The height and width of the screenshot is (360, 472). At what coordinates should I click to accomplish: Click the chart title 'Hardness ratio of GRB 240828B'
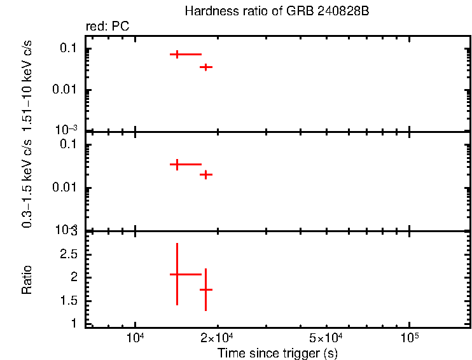[277, 12]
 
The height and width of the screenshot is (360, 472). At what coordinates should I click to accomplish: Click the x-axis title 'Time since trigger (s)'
[277, 352]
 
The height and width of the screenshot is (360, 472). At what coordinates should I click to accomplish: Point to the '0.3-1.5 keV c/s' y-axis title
[28, 181]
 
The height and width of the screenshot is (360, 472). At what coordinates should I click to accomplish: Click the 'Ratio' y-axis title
[28, 279]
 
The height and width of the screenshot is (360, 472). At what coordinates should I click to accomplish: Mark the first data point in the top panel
[177, 55]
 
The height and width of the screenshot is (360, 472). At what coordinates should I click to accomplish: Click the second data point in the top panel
[205, 67]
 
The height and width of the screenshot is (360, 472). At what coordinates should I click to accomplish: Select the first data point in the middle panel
[177, 164]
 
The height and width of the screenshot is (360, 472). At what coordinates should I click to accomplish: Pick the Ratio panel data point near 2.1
[177, 274]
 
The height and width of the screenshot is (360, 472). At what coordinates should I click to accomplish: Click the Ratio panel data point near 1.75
[205, 289]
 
